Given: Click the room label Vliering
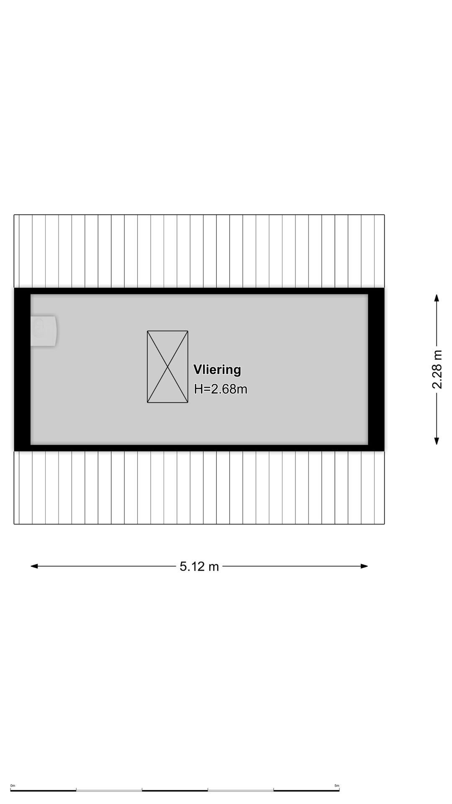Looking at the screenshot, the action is point(217,370).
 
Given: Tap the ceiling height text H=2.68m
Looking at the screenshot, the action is point(221,389).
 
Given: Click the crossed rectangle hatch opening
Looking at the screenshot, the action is point(167,367).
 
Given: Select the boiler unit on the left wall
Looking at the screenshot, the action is point(44,331).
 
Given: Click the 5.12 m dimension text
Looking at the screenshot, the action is point(199,567).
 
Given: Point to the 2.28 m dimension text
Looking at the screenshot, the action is point(437,369).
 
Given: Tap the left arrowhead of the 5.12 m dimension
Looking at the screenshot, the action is point(34,566).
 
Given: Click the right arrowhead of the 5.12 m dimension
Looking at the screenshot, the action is point(364,566).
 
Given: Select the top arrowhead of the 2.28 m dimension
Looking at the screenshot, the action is point(437,298).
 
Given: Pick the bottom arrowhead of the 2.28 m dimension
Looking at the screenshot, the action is point(437,441).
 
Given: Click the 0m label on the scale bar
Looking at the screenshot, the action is point(13,786).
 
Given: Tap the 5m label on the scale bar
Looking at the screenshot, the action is point(337,786).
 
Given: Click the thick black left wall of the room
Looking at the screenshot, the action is point(22,369).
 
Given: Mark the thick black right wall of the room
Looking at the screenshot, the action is point(376,369).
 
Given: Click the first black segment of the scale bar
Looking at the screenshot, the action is point(43,790).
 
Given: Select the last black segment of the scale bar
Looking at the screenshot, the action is point(306,790).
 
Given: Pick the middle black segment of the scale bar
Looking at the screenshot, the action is point(175,790).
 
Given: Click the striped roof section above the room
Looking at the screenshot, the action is point(199,251).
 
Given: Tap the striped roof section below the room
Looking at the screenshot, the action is point(199,487).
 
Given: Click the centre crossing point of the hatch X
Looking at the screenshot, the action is point(167,367).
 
